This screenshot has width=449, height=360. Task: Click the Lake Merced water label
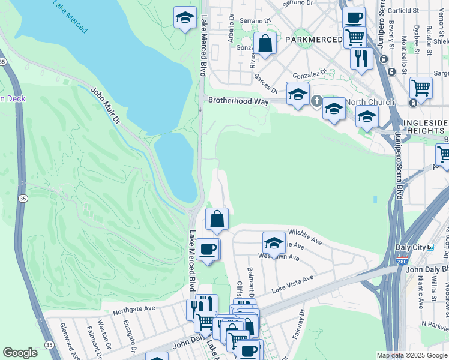tap(70, 16)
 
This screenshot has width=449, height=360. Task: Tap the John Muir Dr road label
tap(106, 106)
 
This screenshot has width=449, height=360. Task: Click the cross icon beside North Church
tap(318, 101)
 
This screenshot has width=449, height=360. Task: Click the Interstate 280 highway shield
tap(401, 262)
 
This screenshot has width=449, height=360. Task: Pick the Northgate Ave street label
tap(134, 310)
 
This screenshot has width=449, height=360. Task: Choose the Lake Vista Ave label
tap(292, 284)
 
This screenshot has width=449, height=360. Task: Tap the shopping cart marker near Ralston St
tap(421, 88)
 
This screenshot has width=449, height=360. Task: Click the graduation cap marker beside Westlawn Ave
tap(274, 242)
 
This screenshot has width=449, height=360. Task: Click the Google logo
tap(20, 353)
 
